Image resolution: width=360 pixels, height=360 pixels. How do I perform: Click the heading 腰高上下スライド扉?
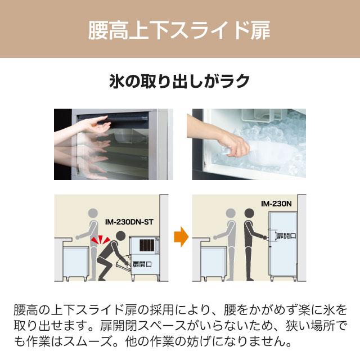point(179,30)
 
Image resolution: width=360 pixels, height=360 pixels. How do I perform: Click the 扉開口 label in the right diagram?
point(286,237)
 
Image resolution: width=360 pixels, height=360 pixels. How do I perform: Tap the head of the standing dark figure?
point(249,214)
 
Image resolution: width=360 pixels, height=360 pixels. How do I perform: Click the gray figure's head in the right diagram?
point(229,214)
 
